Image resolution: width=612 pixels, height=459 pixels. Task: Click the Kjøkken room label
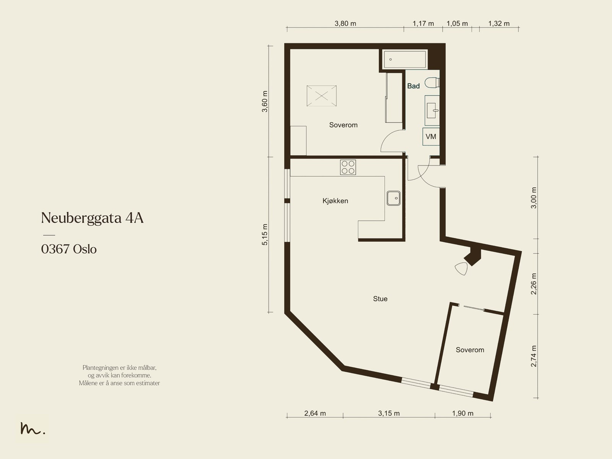pos(335,201)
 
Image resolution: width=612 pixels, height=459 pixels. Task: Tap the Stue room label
pos(380,299)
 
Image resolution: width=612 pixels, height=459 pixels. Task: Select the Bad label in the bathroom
pos(413,86)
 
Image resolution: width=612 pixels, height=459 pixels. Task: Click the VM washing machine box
pos(431,136)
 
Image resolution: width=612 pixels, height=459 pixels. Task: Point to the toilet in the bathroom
pos(432,83)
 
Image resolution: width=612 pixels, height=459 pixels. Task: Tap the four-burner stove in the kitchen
pos(348,167)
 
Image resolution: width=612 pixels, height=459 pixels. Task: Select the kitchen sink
pos(394,198)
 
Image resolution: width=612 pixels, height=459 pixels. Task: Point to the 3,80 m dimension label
pos(345,23)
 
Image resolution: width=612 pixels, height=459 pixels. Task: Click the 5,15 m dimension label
pos(265,234)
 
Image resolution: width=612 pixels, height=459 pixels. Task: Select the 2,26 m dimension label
pos(534,284)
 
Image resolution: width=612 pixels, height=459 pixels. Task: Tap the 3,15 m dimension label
pos(389,413)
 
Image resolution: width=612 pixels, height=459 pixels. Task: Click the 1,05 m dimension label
pos(457,23)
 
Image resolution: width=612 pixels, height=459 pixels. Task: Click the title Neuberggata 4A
pos(92,218)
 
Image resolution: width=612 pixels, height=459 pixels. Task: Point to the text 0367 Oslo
pos(69,249)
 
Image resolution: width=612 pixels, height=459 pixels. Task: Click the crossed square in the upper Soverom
pos(321,96)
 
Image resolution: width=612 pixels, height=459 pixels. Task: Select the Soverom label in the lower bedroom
pos(470,350)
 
